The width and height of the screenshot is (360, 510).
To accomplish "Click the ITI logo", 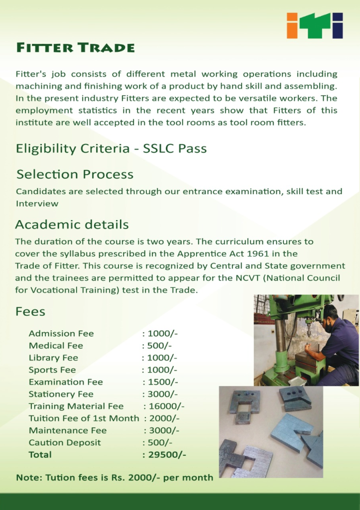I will [315, 25].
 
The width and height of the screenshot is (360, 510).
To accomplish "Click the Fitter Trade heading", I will [75, 48].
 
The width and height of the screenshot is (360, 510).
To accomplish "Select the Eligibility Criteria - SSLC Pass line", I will [111, 148].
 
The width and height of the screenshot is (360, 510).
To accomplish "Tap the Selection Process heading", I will [75, 174].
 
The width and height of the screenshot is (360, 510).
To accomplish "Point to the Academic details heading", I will [72, 224].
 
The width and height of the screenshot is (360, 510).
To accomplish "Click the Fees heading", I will [30, 312].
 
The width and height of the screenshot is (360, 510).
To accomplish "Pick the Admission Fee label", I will [61, 334].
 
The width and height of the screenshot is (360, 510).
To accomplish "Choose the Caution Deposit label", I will [65, 443].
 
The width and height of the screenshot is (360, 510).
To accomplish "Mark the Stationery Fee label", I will [61, 394].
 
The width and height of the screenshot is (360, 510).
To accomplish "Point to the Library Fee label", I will [53, 358].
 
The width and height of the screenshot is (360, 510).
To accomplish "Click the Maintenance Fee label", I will [68, 430].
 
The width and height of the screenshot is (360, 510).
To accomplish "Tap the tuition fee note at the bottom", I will [115, 477].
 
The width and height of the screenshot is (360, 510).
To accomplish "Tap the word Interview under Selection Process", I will [37, 203].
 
